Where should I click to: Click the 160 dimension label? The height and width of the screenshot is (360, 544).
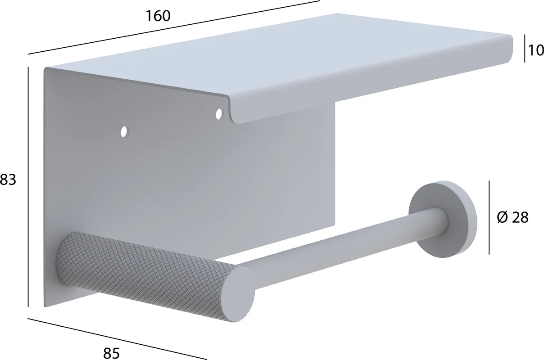point(158,16)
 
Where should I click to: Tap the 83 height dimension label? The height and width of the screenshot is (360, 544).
point(8,180)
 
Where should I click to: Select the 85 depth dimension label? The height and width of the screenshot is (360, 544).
point(112,353)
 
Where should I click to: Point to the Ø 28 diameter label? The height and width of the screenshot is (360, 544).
point(512,217)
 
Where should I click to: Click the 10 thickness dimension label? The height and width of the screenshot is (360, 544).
point(536,50)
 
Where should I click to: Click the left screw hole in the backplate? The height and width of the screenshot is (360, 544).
point(124,132)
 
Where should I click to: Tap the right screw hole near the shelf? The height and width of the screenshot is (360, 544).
point(219,114)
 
